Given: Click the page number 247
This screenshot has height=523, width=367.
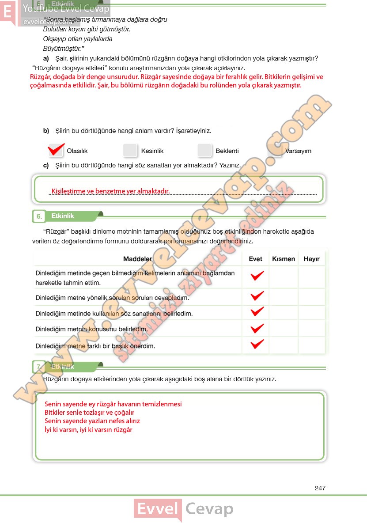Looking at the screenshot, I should pos(320,488).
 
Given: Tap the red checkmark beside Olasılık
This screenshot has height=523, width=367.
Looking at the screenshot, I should pos(56,150).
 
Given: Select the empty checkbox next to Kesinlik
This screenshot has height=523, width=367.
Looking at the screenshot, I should pos(131,151).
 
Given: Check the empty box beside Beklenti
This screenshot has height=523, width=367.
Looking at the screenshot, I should pos(205,151).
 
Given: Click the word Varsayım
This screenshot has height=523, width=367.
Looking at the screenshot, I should pos(298,151).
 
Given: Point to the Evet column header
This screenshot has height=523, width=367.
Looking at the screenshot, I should pos(255,259).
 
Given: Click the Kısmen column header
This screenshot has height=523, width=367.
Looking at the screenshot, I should pos(284,259).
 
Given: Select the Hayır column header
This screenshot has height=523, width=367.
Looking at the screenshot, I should pos(311,259).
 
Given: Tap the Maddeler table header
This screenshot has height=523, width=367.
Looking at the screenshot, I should pos(137,259).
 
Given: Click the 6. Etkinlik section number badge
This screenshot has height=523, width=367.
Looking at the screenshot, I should pos(39,216).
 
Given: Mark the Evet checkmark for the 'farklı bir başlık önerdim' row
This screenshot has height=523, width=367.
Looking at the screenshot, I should pos(257,344).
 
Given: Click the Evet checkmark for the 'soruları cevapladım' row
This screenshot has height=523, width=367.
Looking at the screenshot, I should pos(257,296).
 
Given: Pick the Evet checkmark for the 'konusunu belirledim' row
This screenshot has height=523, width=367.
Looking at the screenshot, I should pos(257,329).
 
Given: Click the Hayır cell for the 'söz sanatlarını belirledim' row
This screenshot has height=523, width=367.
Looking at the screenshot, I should pos(311,313).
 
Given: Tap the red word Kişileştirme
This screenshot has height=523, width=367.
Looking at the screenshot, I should pos(68,191).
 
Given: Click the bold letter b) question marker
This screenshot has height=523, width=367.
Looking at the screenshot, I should pos(46,131).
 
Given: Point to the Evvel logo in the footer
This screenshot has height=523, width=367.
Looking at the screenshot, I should pos(158,510).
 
